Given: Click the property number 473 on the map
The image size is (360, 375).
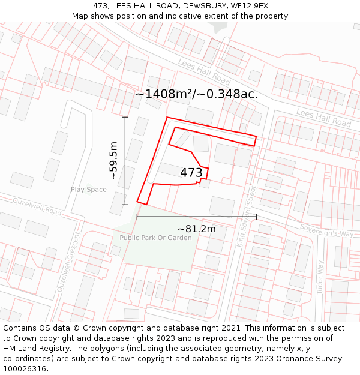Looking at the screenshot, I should pyautogui.click(x=191, y=173).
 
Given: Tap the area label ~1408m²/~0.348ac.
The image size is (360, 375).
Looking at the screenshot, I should pyautogui.click(x=196, y=94).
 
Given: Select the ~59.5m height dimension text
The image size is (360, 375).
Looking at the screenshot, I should pyautogui.click(x=114, y=161).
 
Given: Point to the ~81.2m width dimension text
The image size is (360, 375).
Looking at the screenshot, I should pyautogui.click(x=197, y=229).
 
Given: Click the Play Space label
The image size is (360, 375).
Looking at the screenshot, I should pyautogui.click(x=89, y=190).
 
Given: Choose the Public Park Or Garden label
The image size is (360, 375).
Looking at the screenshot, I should pyautogui.click(x=155, y=238).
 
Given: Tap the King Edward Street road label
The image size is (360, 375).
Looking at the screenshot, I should pyautogui.click(x=246, y=215).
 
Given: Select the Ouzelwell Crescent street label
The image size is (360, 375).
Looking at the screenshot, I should pyautogui.click(x=68, y=262).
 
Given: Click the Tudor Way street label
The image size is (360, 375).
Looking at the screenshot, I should pyautogui.click(x=320, y=275).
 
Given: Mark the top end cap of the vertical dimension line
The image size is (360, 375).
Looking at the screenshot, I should pyautogui.click(x=125, y=117).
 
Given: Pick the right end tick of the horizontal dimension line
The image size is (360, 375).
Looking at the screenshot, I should pyautogui.click(x=256, y=216).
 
